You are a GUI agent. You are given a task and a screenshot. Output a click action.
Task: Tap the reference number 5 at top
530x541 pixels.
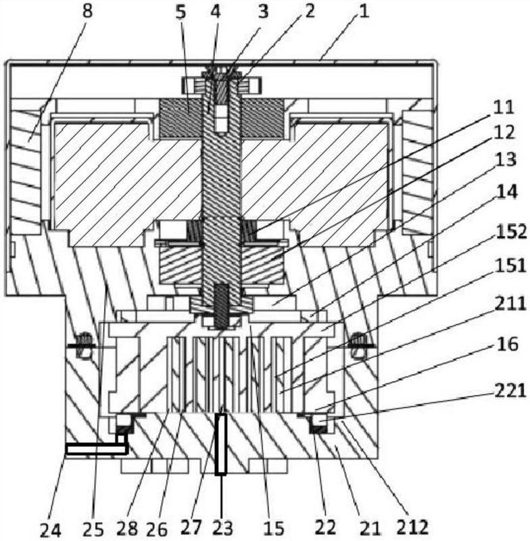coord(180,12)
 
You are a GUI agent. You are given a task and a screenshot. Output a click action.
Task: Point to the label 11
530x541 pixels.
coord(504,108)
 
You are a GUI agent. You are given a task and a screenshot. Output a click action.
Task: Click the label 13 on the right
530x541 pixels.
coord(506,160)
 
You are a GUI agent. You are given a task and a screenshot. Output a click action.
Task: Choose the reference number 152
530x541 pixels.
coord(510,231)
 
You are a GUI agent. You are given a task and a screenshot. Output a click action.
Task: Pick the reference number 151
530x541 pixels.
coord(510,266)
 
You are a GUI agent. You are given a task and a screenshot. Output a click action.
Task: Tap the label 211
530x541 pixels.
coord(510,304)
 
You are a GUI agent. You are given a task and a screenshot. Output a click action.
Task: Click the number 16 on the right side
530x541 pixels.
coord(507,344)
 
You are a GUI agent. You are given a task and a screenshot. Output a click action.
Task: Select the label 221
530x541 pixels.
coord(510,392)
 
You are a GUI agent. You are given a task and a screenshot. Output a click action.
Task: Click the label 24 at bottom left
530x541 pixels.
coord(51,530)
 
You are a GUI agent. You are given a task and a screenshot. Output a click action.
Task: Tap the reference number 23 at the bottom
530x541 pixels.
coord(222,527)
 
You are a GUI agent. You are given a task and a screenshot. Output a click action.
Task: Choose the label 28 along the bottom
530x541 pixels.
coord(127,528)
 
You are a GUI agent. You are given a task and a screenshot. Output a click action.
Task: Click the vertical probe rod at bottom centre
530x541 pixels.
coord(220,444)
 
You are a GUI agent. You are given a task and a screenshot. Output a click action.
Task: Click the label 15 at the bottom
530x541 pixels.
coord(273,528)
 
